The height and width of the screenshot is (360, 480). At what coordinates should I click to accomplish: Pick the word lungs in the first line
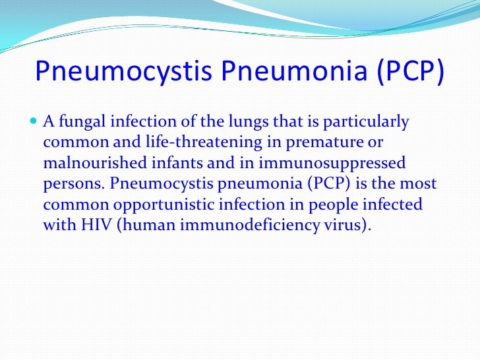pyautogui.click(x=254, y=123)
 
